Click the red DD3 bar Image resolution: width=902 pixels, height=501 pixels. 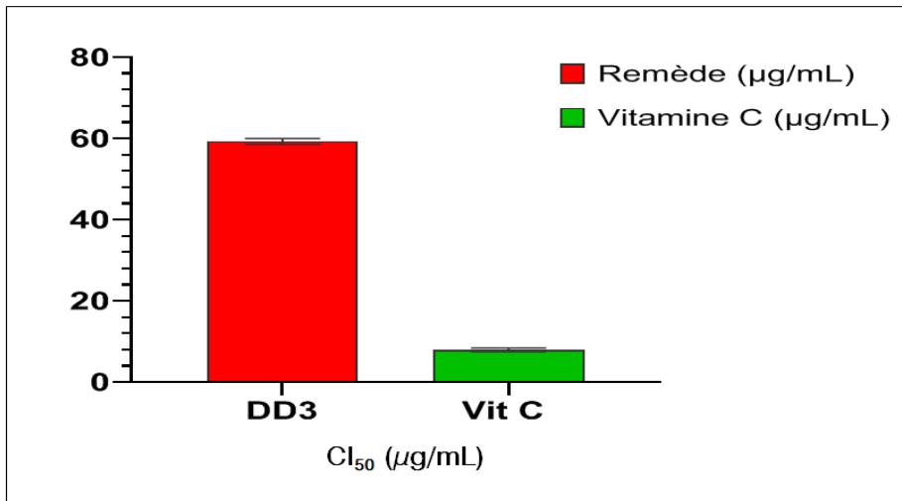(282, 261)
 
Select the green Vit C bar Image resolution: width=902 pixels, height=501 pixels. (509, 365)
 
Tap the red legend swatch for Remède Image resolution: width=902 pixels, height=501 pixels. (574, 74)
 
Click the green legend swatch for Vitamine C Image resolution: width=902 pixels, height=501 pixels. (574, 119)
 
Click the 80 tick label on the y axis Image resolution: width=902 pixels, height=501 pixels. (91, 58)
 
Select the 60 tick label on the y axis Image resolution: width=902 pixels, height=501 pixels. (91, 138)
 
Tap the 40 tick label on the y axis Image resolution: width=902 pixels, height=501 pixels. (91, 219)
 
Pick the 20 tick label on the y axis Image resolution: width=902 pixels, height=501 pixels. (91, 301)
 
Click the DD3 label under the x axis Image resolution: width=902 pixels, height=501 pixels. (282, 412)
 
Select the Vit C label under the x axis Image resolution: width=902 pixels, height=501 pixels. (509, 412)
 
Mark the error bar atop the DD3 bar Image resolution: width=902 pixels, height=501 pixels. (282, 140)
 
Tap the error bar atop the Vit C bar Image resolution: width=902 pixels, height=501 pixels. (509, 348)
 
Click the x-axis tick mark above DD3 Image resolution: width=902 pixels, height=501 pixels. (282, 388)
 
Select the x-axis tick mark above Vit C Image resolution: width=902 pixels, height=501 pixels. (509, 388)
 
